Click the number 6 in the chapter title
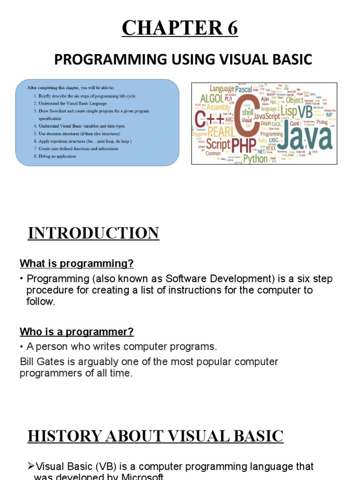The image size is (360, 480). pos(231,29)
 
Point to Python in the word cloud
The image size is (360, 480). pos(255,159)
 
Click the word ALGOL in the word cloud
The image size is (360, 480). pos(212,98)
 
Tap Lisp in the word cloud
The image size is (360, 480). pos(288,111)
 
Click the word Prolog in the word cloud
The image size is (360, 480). pos(322,122)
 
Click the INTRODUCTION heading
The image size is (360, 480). pos(93,233)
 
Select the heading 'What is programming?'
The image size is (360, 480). pos(76,263)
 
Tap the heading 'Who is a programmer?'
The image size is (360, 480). pos(76,332)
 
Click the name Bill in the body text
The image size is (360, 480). pos(28,362)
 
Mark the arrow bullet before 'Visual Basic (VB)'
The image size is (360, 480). pos(31,466)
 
